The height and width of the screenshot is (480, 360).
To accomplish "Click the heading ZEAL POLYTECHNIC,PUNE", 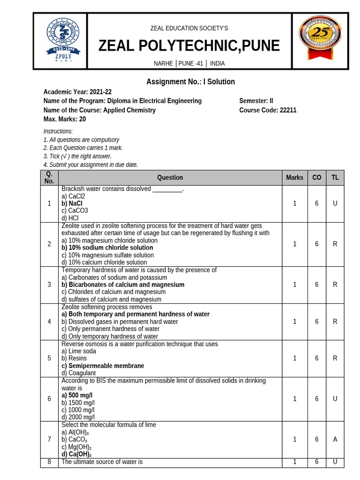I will click(189, 46).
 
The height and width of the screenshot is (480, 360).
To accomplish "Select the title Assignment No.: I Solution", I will click(190, 82).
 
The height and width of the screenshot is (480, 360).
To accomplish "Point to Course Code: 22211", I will click(268, 110).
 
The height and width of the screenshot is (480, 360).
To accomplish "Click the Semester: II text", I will click(256, 101).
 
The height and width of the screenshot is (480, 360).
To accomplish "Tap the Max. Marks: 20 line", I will click(65, 119).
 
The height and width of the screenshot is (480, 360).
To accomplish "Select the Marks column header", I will click(295, 178).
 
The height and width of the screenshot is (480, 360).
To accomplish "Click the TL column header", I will click(335, 178).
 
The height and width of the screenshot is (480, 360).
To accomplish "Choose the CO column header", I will click(317, 178).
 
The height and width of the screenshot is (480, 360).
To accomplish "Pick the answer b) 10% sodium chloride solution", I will click(107, 247).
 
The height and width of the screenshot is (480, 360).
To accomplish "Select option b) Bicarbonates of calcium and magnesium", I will click(123, 285).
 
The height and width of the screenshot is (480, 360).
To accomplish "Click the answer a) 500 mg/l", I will click(77, 395).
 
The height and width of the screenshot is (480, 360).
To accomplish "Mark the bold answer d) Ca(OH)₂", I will click(76, 454).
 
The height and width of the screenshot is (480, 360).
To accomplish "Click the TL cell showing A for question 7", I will click(335, 439).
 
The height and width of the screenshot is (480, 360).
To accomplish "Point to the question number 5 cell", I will click(49, 358).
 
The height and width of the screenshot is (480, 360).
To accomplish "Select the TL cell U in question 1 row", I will click(335, 203).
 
